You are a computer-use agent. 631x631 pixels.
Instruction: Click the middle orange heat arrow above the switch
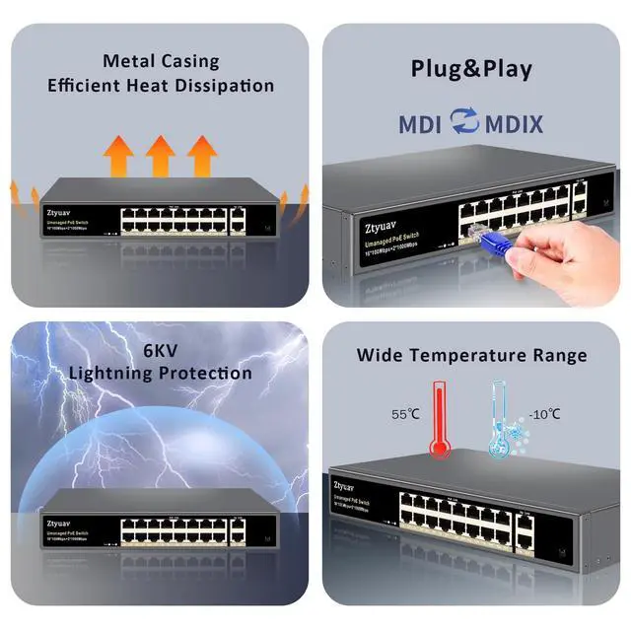(x=160, y=155)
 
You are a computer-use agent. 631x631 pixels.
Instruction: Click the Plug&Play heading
(x=471, y=69)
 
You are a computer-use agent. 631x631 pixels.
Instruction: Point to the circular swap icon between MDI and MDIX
(x=464, y=122)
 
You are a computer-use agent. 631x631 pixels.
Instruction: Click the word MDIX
(x=513, y=124)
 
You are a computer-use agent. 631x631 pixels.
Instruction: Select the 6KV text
(x=160, y=350)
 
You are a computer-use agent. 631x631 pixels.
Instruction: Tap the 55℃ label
(x=405, y=415)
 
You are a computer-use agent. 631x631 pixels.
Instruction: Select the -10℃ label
(x=544, y=414)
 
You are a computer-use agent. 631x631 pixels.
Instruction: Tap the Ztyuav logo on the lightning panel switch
(x=60, y=522)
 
